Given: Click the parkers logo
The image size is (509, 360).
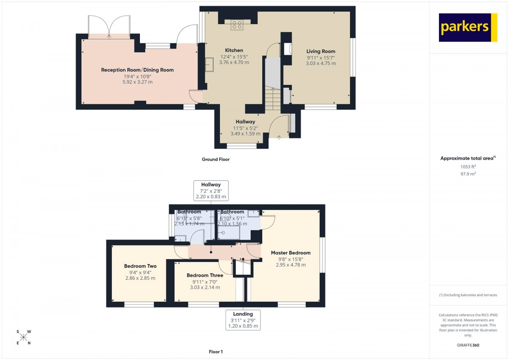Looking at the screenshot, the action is click(x=468, y=28).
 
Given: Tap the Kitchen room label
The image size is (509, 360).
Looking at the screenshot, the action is click(x=234, y=50).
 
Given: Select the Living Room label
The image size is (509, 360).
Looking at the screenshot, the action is click(x=321, y=51).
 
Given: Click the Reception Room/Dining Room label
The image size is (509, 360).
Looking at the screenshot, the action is click(x=137, y=70).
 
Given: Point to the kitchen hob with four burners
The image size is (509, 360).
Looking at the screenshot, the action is click(x=237, y=25).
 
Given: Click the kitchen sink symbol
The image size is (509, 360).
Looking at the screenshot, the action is click(x=209, y=65).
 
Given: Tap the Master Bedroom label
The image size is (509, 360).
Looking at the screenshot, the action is click(x=291, y=253).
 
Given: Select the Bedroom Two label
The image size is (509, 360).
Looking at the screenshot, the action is click(x=140, y=266).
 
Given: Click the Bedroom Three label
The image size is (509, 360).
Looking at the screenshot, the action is click(x=205, y=275).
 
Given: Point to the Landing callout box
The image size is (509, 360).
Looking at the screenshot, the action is click(x=243, y=320).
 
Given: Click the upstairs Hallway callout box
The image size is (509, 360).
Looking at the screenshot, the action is click(x=211, y=191).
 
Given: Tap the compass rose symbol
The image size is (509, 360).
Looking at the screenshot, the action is click(x=23, y=337).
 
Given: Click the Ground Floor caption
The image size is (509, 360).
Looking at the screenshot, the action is click(x=215, y=160).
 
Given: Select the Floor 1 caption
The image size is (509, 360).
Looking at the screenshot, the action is click(x=215, y=352).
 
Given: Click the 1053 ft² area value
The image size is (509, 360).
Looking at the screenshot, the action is click(x=468, y=166).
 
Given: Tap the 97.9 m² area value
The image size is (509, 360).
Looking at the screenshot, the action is click(x=468, y=174).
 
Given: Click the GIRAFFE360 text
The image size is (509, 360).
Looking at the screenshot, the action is click(x=468, y=345).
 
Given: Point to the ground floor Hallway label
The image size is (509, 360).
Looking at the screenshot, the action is click(x=245, y=122).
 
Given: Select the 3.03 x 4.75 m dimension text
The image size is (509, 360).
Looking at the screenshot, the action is click(x=321, y=63).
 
